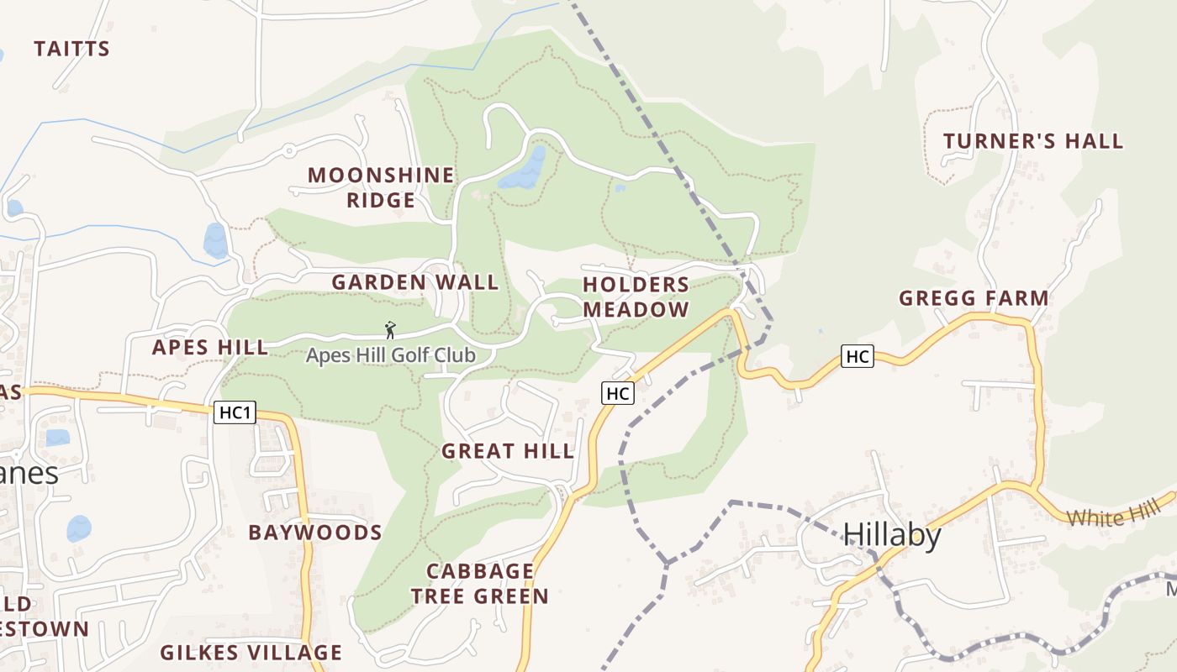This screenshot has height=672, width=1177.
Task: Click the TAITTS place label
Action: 71,49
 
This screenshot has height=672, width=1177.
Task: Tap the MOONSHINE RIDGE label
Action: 380,187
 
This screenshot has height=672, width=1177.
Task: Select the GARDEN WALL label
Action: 414,282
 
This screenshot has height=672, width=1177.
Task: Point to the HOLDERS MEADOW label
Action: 636,297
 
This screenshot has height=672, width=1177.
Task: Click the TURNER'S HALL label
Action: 1032,141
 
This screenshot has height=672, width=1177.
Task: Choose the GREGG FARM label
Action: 974,298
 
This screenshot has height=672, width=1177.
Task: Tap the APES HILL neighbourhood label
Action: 209,348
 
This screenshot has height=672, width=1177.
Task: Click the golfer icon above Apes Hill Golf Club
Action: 389,330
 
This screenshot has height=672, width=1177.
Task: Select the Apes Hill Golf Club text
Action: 390,355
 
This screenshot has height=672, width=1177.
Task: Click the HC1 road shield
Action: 235,412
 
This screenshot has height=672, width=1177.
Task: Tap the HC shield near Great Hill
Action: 617,392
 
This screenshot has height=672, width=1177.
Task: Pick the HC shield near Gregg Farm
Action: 857,356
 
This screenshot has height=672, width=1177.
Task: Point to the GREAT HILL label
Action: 508,451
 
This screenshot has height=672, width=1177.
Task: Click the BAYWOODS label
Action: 315,533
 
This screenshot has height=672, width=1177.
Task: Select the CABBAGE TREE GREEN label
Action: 480,584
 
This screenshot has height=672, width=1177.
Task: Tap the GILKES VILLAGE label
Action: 251,653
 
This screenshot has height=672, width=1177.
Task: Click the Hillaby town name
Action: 891,534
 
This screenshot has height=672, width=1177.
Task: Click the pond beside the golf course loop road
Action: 525,170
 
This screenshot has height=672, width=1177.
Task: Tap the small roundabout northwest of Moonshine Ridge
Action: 288,151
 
